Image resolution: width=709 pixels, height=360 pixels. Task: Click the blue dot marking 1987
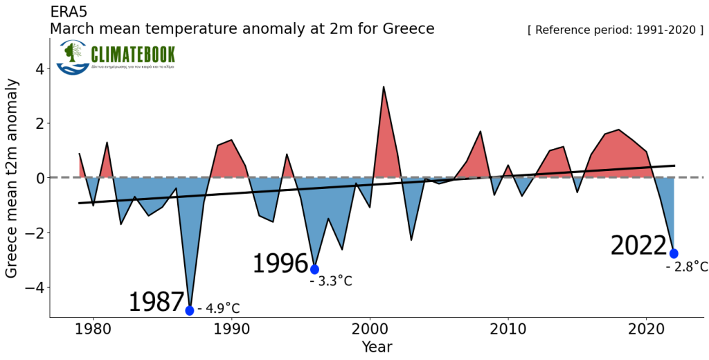190,310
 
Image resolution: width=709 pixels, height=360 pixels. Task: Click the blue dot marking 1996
314,269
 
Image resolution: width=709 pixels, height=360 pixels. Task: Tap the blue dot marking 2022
674,253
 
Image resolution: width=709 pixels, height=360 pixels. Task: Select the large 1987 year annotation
156,303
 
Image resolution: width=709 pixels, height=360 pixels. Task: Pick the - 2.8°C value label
687,267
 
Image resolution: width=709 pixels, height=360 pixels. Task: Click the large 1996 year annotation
280,264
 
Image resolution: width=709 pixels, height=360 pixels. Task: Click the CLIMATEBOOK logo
116,57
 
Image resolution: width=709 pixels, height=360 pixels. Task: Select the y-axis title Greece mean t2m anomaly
12,178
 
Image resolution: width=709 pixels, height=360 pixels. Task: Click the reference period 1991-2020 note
616,30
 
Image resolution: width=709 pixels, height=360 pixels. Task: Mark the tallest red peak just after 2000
384,87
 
